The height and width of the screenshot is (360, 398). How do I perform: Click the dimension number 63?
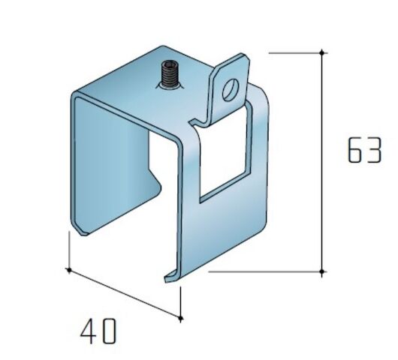[364, 150]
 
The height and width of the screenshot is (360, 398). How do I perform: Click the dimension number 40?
[98, 331]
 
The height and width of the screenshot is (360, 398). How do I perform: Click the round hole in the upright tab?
[231, 90]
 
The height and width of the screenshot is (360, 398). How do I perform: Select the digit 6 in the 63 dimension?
[354, 150]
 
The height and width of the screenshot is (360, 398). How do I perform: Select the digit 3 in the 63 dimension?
[375, 150]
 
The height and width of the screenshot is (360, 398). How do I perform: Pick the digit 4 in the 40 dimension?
[89, 331]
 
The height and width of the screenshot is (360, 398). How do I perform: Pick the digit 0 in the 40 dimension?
[110, 331]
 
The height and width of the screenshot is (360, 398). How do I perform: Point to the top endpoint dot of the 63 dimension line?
[322, 52]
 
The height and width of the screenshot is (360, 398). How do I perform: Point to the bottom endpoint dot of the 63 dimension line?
[322, 271]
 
